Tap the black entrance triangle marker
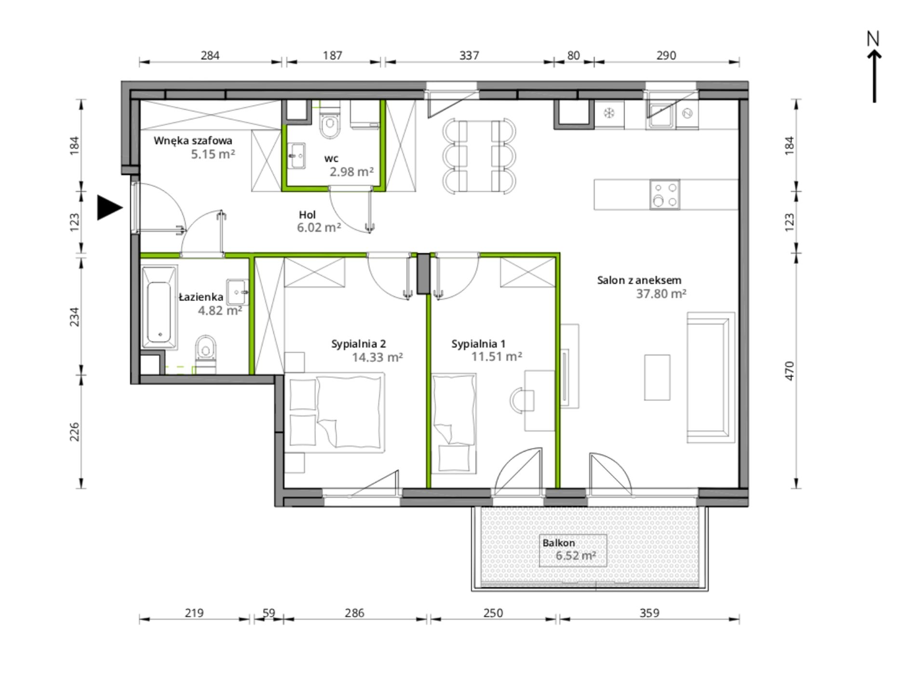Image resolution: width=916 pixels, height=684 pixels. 109,207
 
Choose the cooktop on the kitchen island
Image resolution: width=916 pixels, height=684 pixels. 665,194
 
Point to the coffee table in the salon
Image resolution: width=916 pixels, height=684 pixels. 657,377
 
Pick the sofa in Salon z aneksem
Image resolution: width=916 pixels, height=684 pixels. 711,377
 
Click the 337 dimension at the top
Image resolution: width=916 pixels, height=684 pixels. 469,55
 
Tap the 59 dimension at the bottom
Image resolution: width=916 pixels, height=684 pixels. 269,613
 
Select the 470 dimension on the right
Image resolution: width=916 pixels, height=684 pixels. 789,370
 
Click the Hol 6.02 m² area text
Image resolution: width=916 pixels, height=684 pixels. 319,221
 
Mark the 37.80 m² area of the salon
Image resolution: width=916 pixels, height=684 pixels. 661,293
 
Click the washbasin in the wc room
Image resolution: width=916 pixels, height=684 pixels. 296,156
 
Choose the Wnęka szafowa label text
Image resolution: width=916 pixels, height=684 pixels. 193,141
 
